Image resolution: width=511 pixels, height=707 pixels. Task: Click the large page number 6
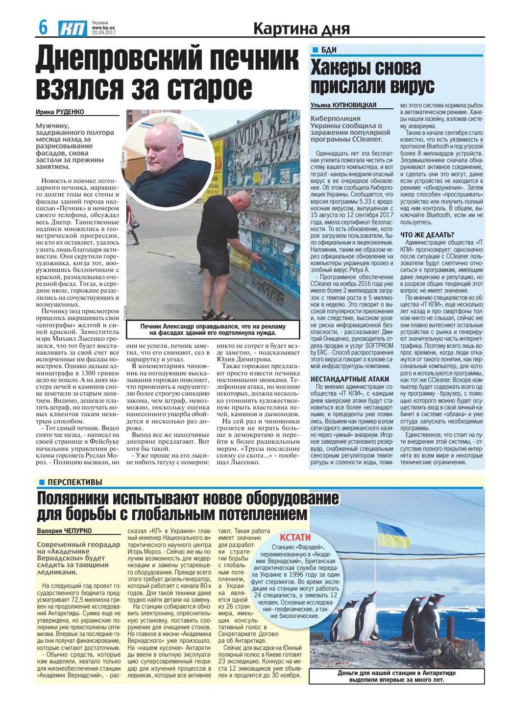43,27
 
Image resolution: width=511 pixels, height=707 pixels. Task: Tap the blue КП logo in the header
73,29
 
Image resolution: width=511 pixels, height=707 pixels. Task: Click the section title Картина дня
301,29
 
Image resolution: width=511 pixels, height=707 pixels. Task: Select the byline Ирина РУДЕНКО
60,112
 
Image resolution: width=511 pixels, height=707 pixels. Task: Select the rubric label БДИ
329,50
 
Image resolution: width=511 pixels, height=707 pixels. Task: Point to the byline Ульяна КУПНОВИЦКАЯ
343,105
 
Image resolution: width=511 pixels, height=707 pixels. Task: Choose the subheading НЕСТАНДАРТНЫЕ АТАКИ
349,379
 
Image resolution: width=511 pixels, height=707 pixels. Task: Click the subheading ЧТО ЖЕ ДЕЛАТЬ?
427,235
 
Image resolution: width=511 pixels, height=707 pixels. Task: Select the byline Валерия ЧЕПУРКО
64,530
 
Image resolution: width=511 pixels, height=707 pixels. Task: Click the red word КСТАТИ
295,537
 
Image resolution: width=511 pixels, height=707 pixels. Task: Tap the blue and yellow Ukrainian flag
392,535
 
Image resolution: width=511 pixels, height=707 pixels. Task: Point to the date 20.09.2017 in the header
103,32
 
